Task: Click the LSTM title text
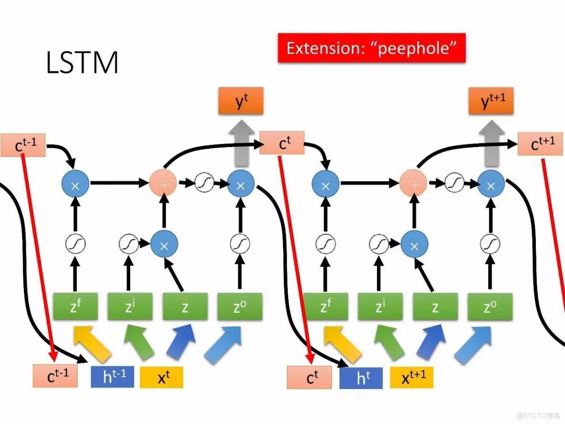pyautogui.click(x=82, y=63)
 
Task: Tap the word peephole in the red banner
pyautogui.click(x=415, y=48)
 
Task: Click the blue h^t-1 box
pyautogui.click(x=113, y=377)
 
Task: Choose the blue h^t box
pyautogui.click(x=361, y=378)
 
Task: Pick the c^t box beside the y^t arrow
pyautogui.click(x=282, y=143)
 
